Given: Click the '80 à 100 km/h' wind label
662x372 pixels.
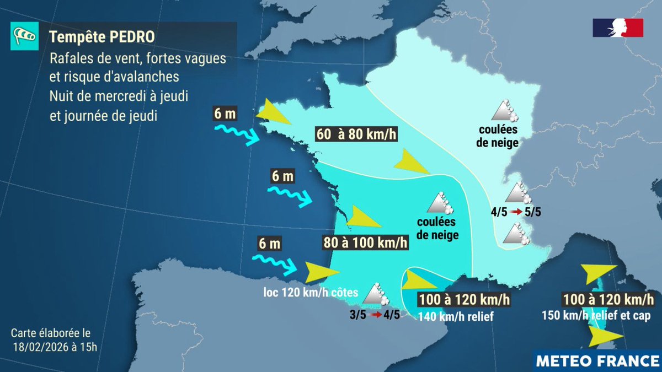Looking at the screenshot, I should pos(365,242).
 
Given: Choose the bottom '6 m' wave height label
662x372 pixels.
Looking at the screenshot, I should pos(269,242).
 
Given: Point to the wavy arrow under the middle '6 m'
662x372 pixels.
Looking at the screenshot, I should pos(290,196).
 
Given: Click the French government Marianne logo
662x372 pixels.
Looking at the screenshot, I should pos(618,28).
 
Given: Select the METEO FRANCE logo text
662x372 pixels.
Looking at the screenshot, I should pos(598,360).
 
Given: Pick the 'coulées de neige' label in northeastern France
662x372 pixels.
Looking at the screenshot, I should pos(499,137).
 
